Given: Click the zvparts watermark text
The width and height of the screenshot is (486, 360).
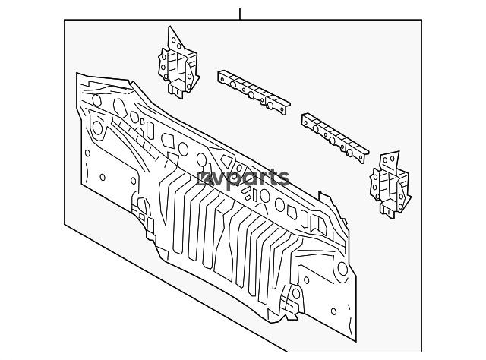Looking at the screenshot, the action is (243, 178).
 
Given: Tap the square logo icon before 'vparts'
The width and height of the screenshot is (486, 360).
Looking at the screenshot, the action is (204, 179).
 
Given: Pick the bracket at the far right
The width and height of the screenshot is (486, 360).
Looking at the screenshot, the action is (390, 185).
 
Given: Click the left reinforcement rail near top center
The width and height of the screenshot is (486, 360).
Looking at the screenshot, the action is (254, 93).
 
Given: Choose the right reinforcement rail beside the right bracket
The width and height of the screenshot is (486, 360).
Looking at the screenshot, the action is (335, 137).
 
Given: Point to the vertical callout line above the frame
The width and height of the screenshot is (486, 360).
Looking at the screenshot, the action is (240, 14).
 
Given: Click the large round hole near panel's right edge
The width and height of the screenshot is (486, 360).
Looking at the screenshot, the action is (342, 269).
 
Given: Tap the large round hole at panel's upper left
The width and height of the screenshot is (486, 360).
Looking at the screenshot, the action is (97, 128).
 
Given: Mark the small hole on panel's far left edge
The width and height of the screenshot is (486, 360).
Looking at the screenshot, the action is (87, 153).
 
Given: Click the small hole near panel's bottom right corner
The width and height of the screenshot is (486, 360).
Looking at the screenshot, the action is (333, 311).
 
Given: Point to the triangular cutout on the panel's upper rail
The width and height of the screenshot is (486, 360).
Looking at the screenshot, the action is (226, 161).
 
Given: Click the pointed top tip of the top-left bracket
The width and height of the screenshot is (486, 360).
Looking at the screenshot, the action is (169, 27).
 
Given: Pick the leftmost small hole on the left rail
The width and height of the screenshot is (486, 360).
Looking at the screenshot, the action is (222, 79).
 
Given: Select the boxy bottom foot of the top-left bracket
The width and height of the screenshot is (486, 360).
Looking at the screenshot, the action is (177, 89).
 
